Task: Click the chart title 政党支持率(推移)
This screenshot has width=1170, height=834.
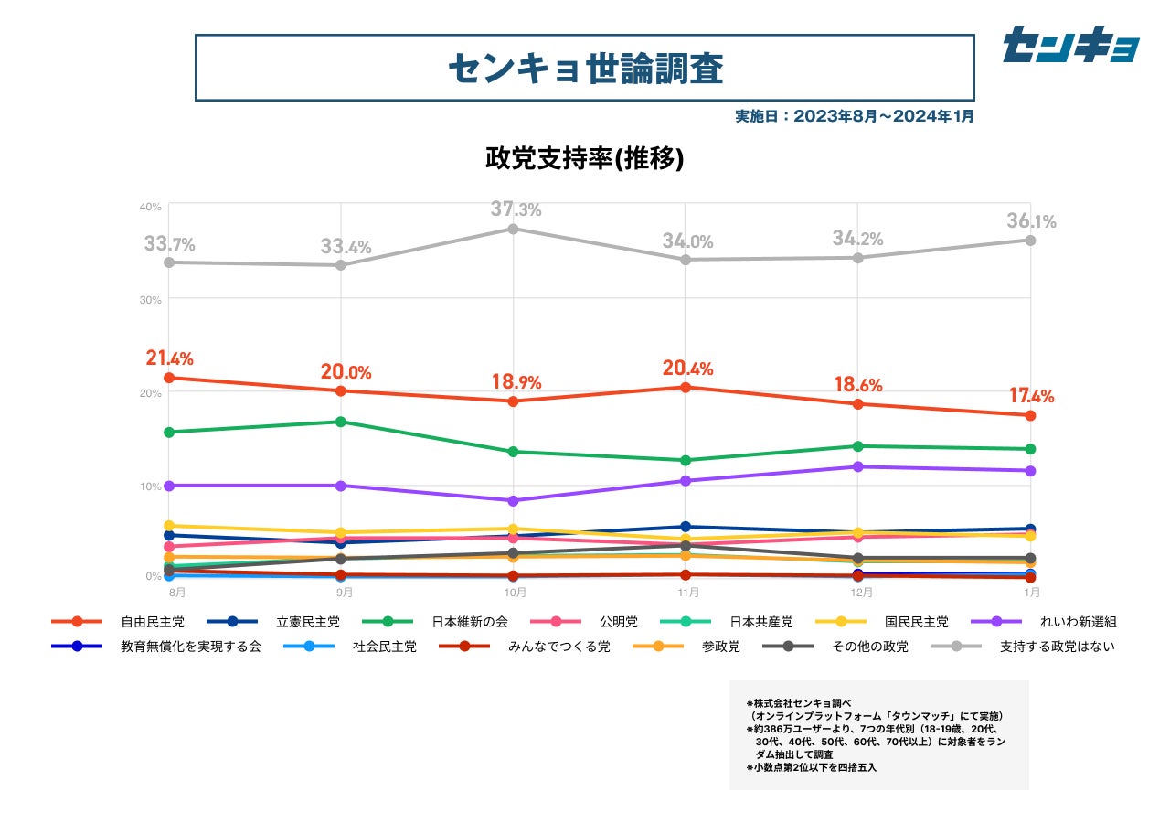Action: point(585,158)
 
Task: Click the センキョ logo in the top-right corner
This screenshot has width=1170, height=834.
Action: point(1070,45)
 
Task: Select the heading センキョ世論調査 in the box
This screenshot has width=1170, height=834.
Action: point(585,68)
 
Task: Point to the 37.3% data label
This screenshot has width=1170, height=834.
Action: point(516,209)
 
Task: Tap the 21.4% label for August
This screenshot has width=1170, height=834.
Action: point(170,358)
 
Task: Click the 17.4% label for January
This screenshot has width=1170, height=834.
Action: point(1031,396)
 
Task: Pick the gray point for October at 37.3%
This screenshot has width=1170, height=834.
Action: point(514,229)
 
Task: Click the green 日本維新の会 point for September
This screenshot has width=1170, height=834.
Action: point(341,422)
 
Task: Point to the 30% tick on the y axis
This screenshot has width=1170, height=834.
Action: point(151,299)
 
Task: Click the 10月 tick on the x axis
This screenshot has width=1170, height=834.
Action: point(515,593)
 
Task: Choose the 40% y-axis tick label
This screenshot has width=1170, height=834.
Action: point(151,207)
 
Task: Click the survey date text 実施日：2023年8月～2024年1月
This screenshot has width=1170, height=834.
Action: point(855,116)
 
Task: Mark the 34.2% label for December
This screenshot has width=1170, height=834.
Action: point(857,239)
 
